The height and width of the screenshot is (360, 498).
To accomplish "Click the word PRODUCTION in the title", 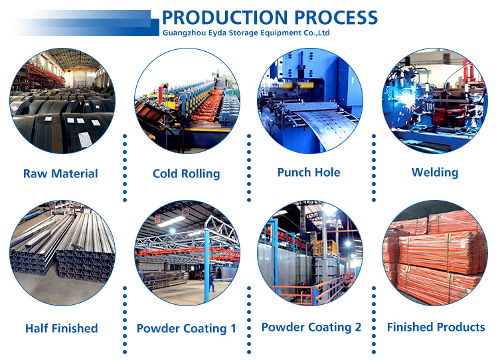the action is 224,17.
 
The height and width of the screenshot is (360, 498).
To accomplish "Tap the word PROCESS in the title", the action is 336,17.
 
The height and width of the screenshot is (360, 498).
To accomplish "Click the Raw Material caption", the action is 60,173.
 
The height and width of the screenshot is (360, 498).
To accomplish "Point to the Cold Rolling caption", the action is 186,174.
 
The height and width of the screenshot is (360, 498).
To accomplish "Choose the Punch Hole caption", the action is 309,172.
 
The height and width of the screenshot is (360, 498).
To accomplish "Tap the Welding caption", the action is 435,173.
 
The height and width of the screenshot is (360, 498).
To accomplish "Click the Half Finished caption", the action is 61,328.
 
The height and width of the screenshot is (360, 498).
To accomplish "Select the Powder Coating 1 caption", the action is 187,329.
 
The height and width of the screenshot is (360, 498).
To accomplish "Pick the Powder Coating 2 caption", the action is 311,327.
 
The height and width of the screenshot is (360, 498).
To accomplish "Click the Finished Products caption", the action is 436,327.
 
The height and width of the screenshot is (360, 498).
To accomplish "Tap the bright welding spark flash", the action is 405,101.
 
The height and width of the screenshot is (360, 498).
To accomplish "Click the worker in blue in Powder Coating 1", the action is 212,282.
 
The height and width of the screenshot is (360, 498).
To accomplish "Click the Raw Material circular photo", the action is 62,101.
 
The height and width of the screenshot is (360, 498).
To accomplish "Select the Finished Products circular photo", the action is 435,253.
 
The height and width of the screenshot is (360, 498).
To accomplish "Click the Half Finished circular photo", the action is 62,253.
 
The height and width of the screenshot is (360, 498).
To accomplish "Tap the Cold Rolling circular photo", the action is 187,101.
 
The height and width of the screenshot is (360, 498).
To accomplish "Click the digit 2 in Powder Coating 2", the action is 358,327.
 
